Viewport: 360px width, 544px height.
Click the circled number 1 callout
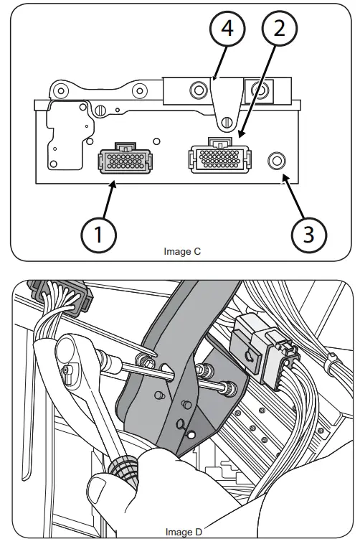tap(99, 233)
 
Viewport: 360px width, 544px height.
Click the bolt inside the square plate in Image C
tap(256, 90)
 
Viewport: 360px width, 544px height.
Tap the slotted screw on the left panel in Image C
tap(100, 109)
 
